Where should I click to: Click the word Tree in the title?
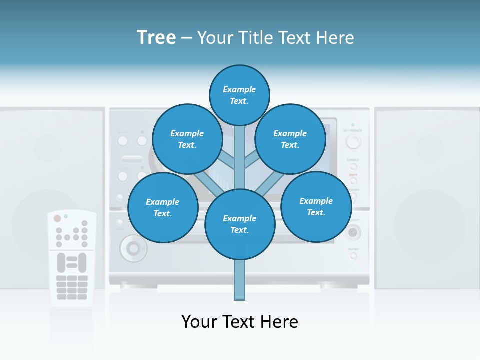(156, 38)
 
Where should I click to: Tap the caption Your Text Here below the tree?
(240, 322)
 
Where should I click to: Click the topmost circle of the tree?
(239, 95)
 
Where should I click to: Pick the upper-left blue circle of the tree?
(187, 139)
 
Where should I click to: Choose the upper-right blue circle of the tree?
(290, 139)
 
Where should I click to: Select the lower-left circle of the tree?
(163, 208)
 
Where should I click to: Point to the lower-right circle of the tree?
(316, 207)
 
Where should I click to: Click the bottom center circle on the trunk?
(240, 224)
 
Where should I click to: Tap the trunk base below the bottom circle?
(240, 280)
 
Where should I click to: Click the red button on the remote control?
(57, 218)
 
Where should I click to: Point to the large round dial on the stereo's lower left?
(133, 247)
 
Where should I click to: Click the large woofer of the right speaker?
(430, 225)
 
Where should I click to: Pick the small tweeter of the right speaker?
(430, 147)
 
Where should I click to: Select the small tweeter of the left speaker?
(47, 147)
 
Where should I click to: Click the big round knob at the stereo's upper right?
(353, 142)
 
